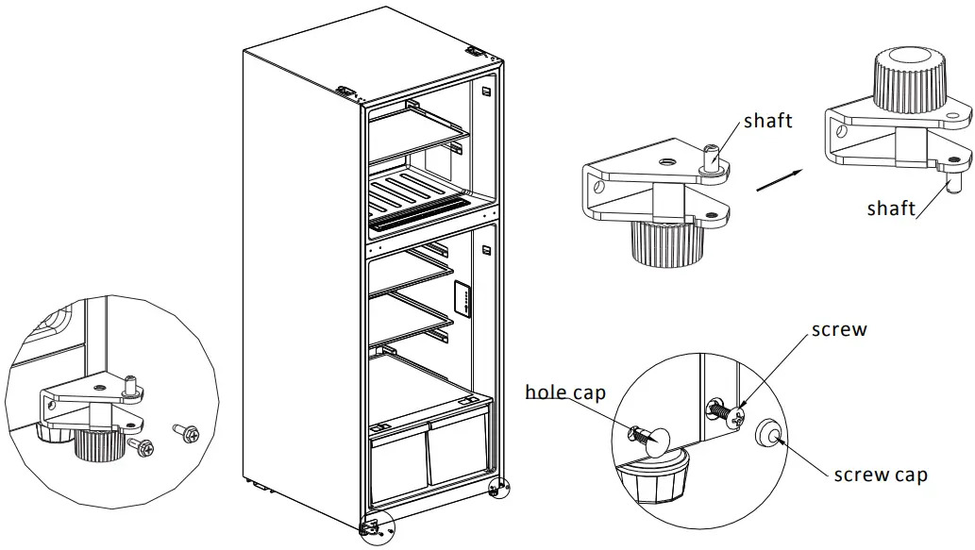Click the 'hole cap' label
coord(565,392)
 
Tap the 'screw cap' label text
coord(881,475)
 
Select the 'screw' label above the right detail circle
coord(839,331)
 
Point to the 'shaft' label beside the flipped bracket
coord(892,208)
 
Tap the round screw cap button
coord(767,433)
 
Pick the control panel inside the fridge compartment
coord(463,299)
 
